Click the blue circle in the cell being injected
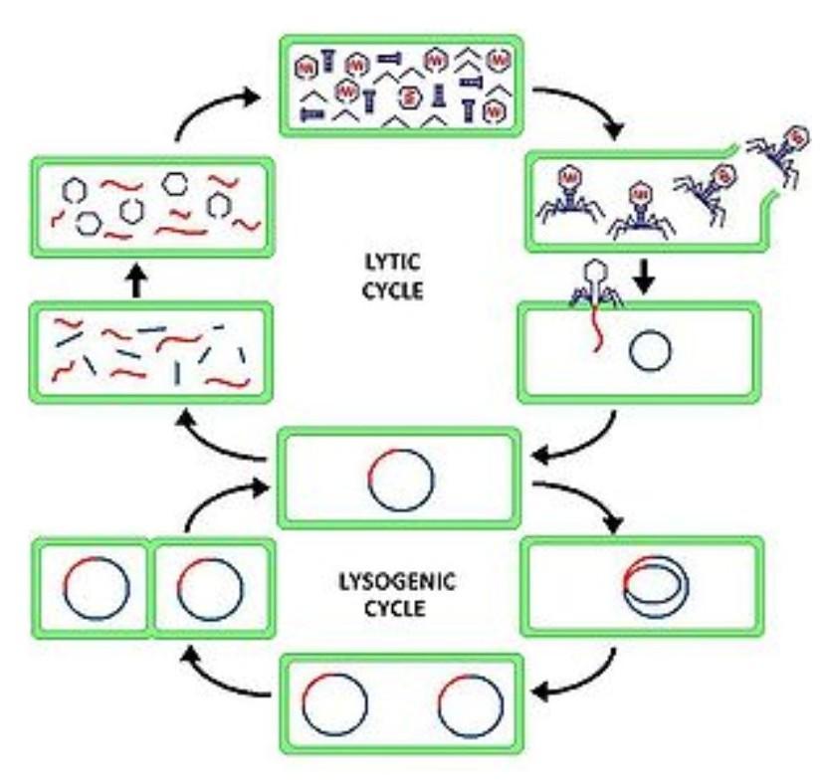pos(653,350)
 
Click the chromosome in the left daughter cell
pos(96,586)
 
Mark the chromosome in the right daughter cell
pos(209,586)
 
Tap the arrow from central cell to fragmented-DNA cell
pos(220,438)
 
